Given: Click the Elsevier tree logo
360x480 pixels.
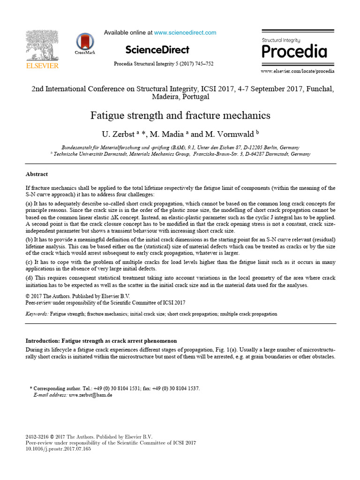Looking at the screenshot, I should click(x=42, y=45).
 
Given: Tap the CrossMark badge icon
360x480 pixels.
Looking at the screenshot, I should click(x=85, y=42).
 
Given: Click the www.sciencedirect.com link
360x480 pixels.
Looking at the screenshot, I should click(x=185, y=33).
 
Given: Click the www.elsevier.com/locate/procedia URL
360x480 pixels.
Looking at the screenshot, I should click(x=298, y=71).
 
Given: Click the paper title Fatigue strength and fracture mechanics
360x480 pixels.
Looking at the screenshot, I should click(x=180, y=115).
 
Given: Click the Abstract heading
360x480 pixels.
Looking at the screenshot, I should click(x=37, y=174).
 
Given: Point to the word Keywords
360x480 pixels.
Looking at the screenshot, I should click(x=36, y=314).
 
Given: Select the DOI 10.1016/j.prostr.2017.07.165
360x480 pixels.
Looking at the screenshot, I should click(x=58, y=449).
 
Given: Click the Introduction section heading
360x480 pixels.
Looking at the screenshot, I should click(x=101, y=340).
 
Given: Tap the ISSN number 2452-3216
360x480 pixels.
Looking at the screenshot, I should click(x=37, y=436).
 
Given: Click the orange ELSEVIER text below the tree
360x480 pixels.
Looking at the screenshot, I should click(x=42, y=66).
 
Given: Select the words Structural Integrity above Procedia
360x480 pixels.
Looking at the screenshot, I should click(x=281, y=40).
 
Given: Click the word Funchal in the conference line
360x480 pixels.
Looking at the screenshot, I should click(x=319, y=89).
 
